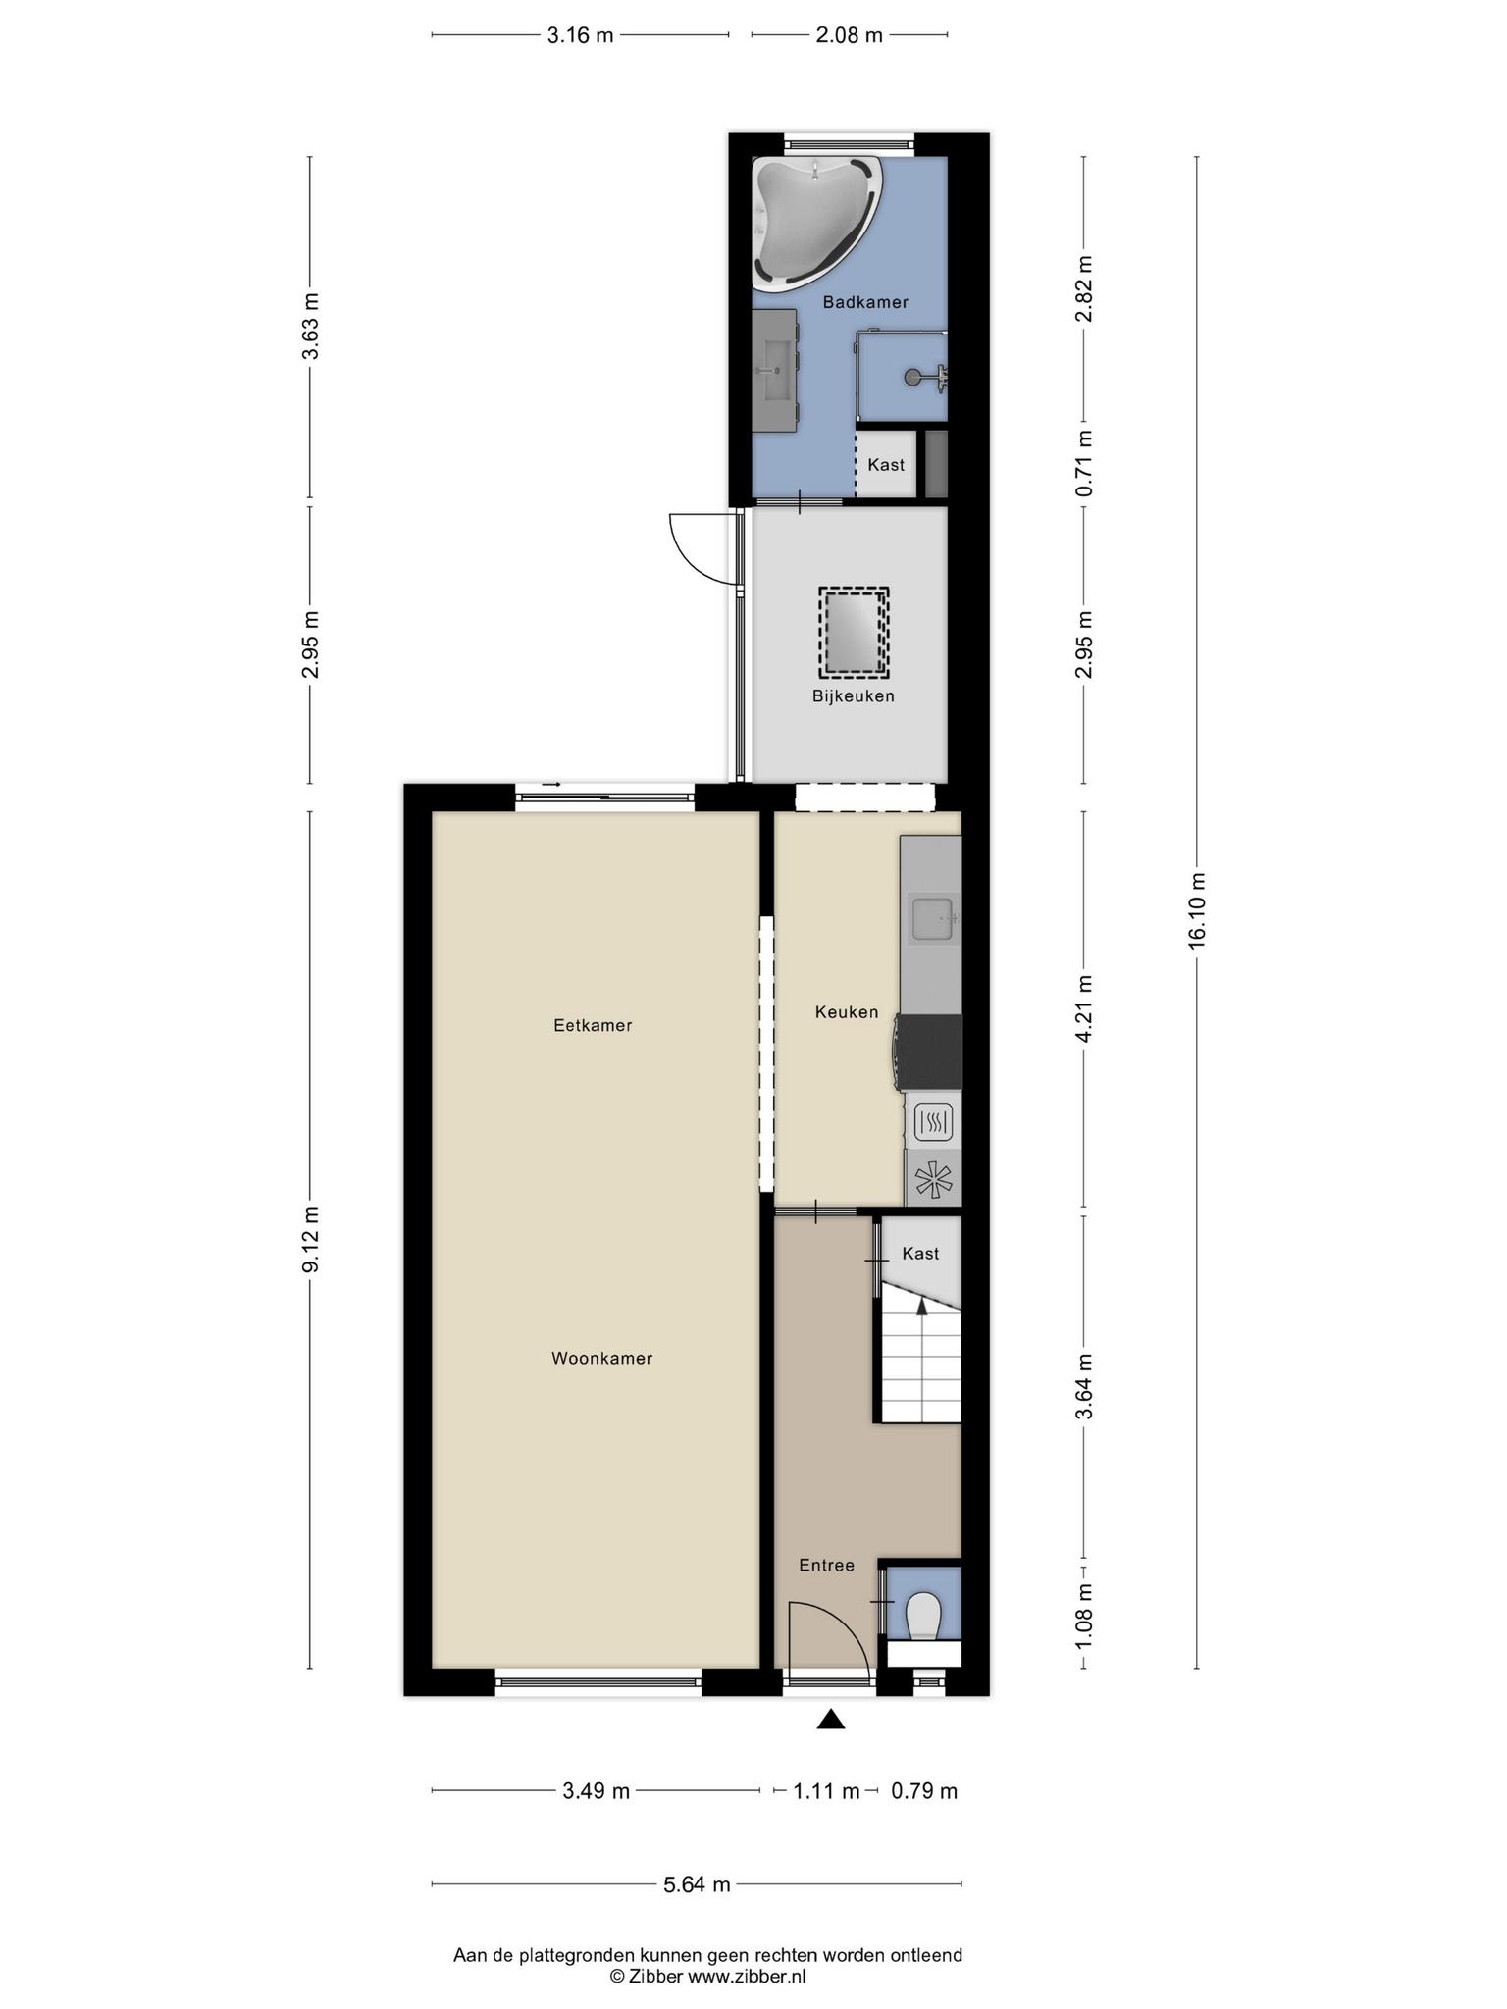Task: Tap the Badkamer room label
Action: [x=865, y=302]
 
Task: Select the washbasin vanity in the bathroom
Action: [x=775, y=371]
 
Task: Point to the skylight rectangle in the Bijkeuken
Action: [x=854, y=633]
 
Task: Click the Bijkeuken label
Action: [x=853, y=696]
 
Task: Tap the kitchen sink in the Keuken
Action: [x=935, y=919]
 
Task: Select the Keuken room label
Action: [x=847, y=1012]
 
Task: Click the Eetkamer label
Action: [x=593, y=1026]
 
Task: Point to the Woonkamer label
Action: [x=601, y=1359]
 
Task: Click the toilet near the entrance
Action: [x=923, y=1616]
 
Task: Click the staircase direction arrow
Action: [x=921, y=1305]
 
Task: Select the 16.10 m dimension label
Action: [x=1196, y=910]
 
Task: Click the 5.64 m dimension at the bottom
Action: [x=697, y=1884]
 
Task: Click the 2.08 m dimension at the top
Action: [x=850, y=36]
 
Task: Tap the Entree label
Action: [x=826, y=1566]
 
